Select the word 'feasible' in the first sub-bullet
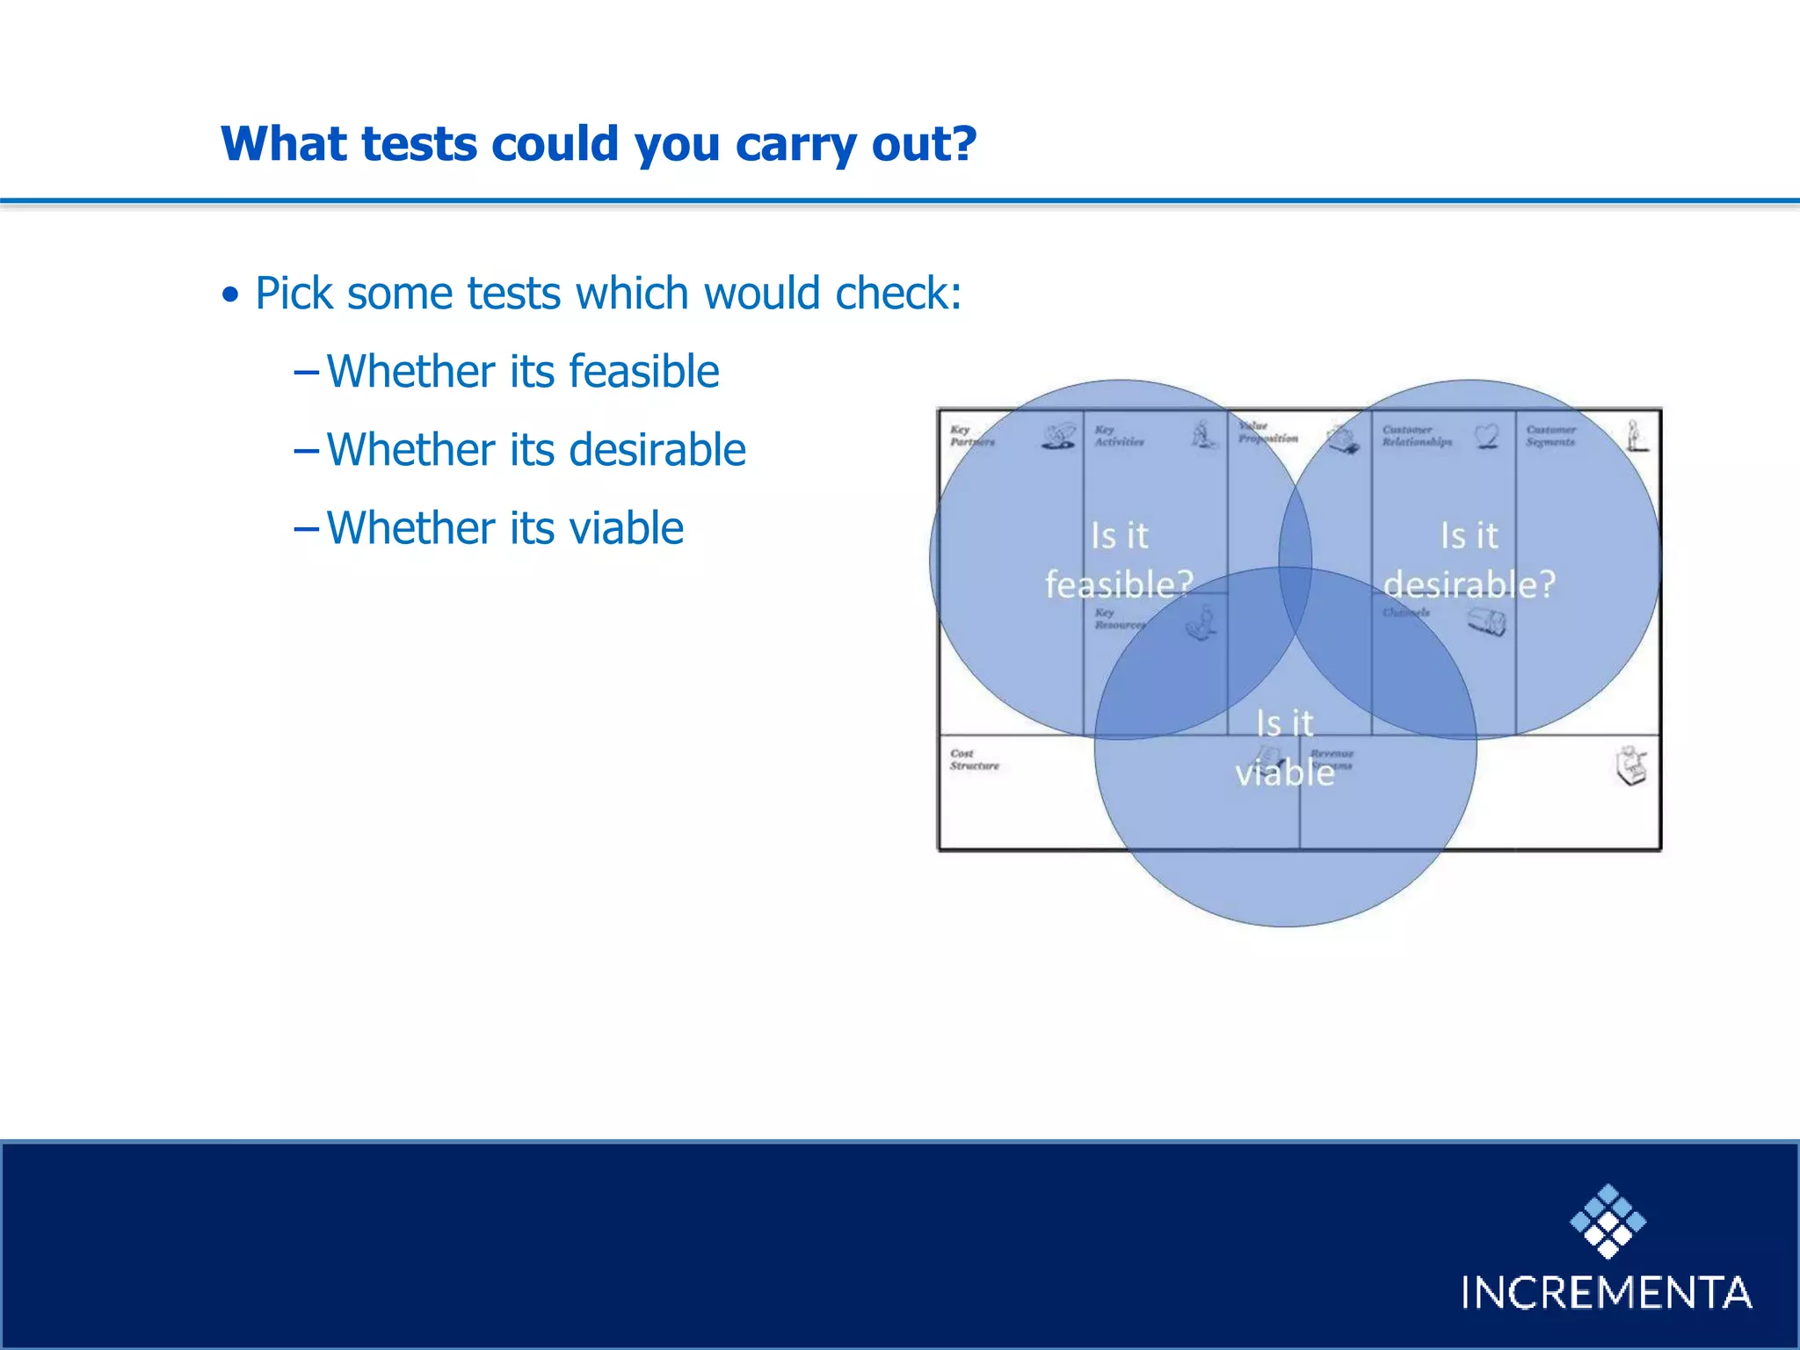click(x=643, y=371)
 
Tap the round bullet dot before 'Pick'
click(x=230, y=295)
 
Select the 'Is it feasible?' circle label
click(x=1119, y=560)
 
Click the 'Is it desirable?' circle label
click(x=1469, y=560)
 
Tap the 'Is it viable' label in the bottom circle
click(x=1284, y=748)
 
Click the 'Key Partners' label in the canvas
click(x=971, y=436)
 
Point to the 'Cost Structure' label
click(x=974, y=759)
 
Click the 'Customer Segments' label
click(x=1550, y=436)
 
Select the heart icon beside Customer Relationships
click(x=1486, y=435)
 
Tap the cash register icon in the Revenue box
click(x=1631, y=766)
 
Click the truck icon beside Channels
click(x=1486, y=622)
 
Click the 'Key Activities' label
click(x=1118, y=436)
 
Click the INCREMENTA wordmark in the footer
click(x=1606, y=1293)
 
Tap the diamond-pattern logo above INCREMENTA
click(x=1608, y=1222)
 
